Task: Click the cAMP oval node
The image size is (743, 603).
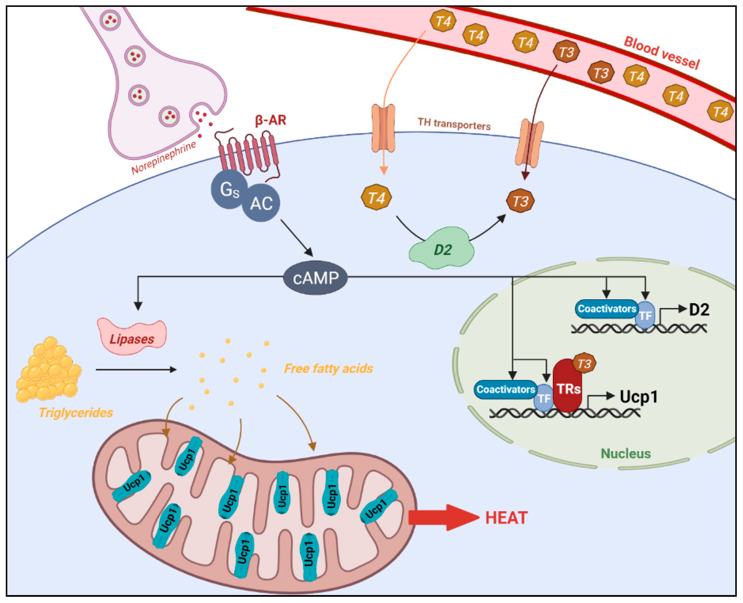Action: coord(315,277)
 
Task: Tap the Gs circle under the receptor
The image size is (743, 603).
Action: coord(229,189)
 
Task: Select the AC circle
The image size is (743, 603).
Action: coord(261,203)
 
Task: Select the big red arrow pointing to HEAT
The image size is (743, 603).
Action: coord(444,518)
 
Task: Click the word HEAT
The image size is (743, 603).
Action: coord(506,518)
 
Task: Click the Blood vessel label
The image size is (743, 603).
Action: coord(662,53)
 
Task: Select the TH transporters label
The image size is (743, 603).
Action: coord(454,124)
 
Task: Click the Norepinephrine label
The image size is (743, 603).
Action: coord(164,157)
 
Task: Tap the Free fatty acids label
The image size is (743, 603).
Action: coord(328,368)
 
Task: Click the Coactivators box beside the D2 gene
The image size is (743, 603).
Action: coord(607,308)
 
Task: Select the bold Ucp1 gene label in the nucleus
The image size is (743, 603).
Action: coord(639,397)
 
